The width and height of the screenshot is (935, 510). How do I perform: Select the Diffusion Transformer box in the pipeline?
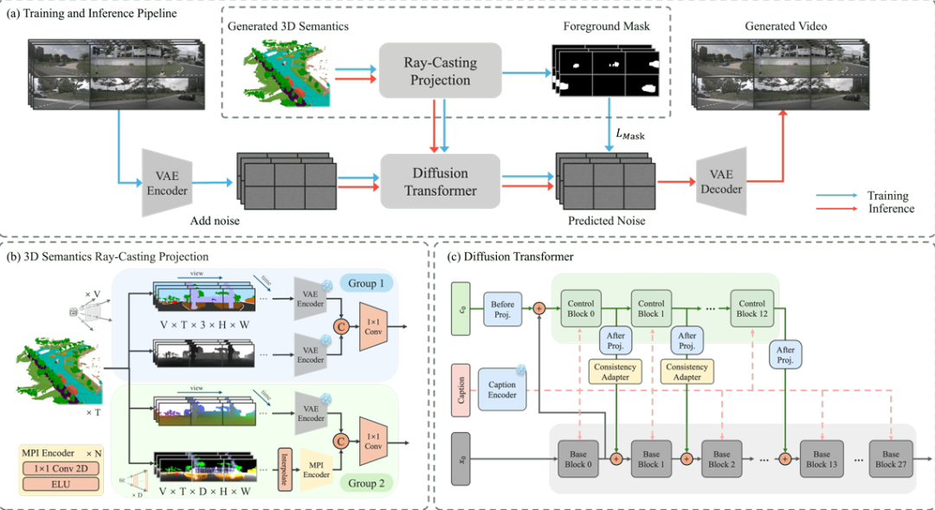440,181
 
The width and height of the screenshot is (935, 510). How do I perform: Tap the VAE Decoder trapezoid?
720,181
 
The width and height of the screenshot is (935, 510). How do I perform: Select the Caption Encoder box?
503,388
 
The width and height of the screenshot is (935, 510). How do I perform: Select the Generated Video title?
785,27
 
